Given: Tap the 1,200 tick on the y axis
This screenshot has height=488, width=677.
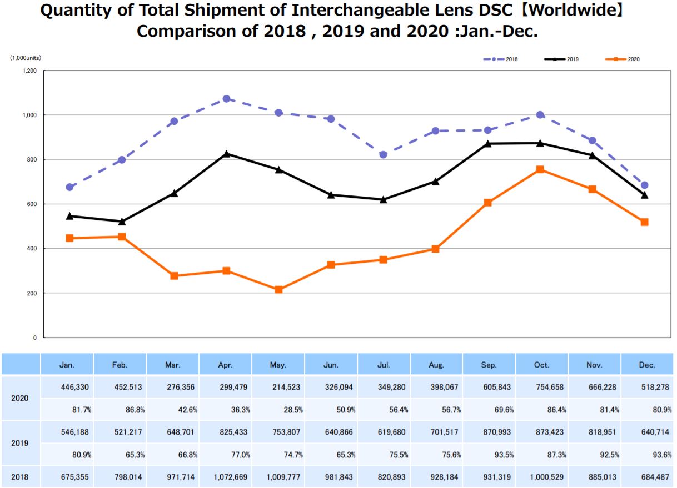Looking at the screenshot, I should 29,71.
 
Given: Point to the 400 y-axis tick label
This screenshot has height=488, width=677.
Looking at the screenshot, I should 32,249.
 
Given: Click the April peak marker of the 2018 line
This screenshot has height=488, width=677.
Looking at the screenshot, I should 226,99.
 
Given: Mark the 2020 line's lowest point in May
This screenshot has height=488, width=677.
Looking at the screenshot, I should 278,290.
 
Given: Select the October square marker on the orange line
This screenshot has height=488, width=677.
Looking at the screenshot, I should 540,169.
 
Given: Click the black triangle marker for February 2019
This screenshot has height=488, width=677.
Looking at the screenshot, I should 122,222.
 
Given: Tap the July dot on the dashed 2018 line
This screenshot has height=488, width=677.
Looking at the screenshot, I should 383,155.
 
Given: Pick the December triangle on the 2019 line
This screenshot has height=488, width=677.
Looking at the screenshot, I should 644,195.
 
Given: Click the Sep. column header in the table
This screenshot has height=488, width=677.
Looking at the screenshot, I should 489,365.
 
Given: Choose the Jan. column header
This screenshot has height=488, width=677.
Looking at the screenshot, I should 67,365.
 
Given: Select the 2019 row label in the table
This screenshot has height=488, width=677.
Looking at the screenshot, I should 20,444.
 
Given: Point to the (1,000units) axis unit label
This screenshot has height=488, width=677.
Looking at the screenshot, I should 25,58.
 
